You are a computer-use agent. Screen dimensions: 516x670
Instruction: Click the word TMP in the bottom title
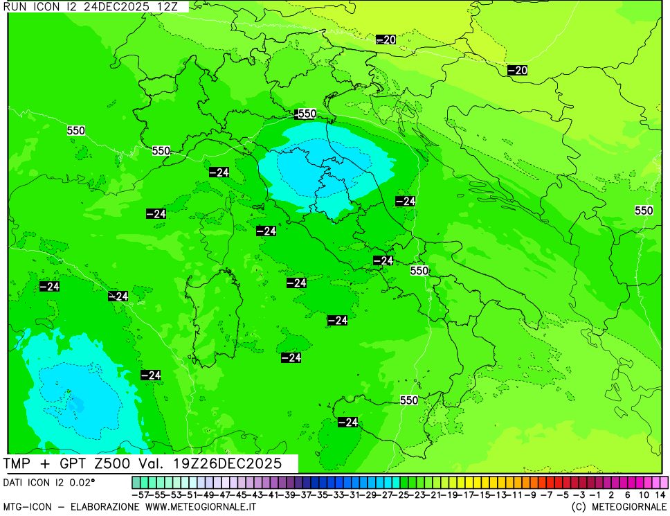click(19, 463)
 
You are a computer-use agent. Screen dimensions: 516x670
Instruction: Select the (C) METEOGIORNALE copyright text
click(619, 507)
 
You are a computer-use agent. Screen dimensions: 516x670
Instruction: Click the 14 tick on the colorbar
click(660, 495)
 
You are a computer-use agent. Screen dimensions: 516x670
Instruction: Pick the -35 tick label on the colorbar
click(323, 495)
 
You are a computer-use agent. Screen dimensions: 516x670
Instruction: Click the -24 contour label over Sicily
click(347, 422)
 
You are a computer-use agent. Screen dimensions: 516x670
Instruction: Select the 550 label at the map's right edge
click(644, 211)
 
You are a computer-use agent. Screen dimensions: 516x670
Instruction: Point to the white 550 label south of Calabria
click(408, 400)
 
